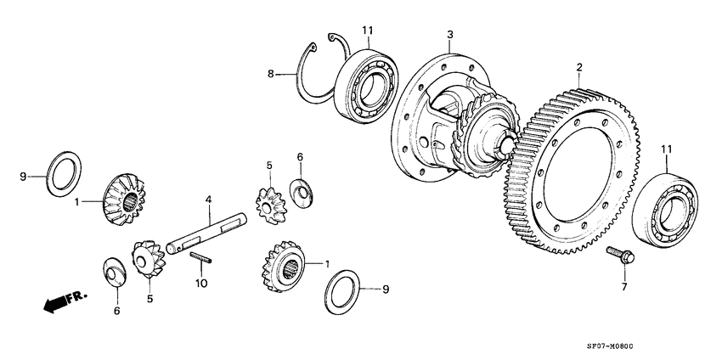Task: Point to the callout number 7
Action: coord(623,287)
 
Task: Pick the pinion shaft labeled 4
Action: coord(208,233)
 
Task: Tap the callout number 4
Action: coord(207,200)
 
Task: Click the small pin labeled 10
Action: coord(200,258)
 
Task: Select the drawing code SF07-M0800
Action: coord(668,347)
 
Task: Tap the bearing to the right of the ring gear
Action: coord(671,209)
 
